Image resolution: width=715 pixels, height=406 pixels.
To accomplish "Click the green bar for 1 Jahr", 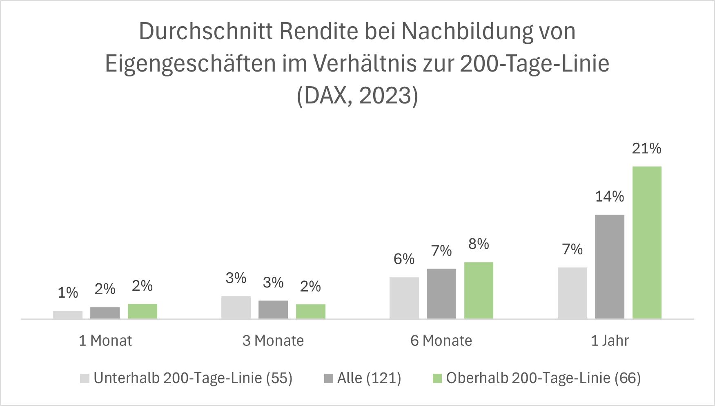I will (x=647, y=242).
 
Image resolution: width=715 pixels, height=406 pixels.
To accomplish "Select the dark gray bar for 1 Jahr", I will (x=609, y=267).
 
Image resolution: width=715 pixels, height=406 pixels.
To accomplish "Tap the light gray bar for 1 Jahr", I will (x=572, y=293).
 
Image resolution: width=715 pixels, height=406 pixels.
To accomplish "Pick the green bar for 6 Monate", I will (x=479, y=290).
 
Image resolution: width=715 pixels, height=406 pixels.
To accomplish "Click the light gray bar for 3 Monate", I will (x=236, y=307).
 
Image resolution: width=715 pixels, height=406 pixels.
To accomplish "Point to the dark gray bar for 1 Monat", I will (x=105, y=313).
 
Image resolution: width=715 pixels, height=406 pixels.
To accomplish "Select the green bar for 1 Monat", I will (x=142, y=311).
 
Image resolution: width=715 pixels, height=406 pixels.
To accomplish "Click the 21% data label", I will (x=646, y=148).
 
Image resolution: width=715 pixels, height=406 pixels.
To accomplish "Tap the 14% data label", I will (x=609, y=197).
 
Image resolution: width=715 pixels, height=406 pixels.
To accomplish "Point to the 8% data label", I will (x=479, y=244).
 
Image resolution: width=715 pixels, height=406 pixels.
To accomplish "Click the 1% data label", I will (x=68, y=293).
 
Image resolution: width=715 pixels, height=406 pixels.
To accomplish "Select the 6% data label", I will (x=404, y=259).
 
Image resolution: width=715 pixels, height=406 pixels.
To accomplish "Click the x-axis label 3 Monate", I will (x=273, y=341).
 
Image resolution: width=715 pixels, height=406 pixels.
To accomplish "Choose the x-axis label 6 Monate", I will (x=441, y=341).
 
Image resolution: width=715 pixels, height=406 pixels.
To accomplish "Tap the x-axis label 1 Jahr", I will (x=610, y=341).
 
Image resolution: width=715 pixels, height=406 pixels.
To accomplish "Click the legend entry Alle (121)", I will (x=369, y=378).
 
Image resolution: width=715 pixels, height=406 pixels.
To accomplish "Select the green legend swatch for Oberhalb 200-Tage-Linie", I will (x=437, y=378).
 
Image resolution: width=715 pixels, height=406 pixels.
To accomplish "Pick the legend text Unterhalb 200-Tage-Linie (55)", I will (x=193, y=378).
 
